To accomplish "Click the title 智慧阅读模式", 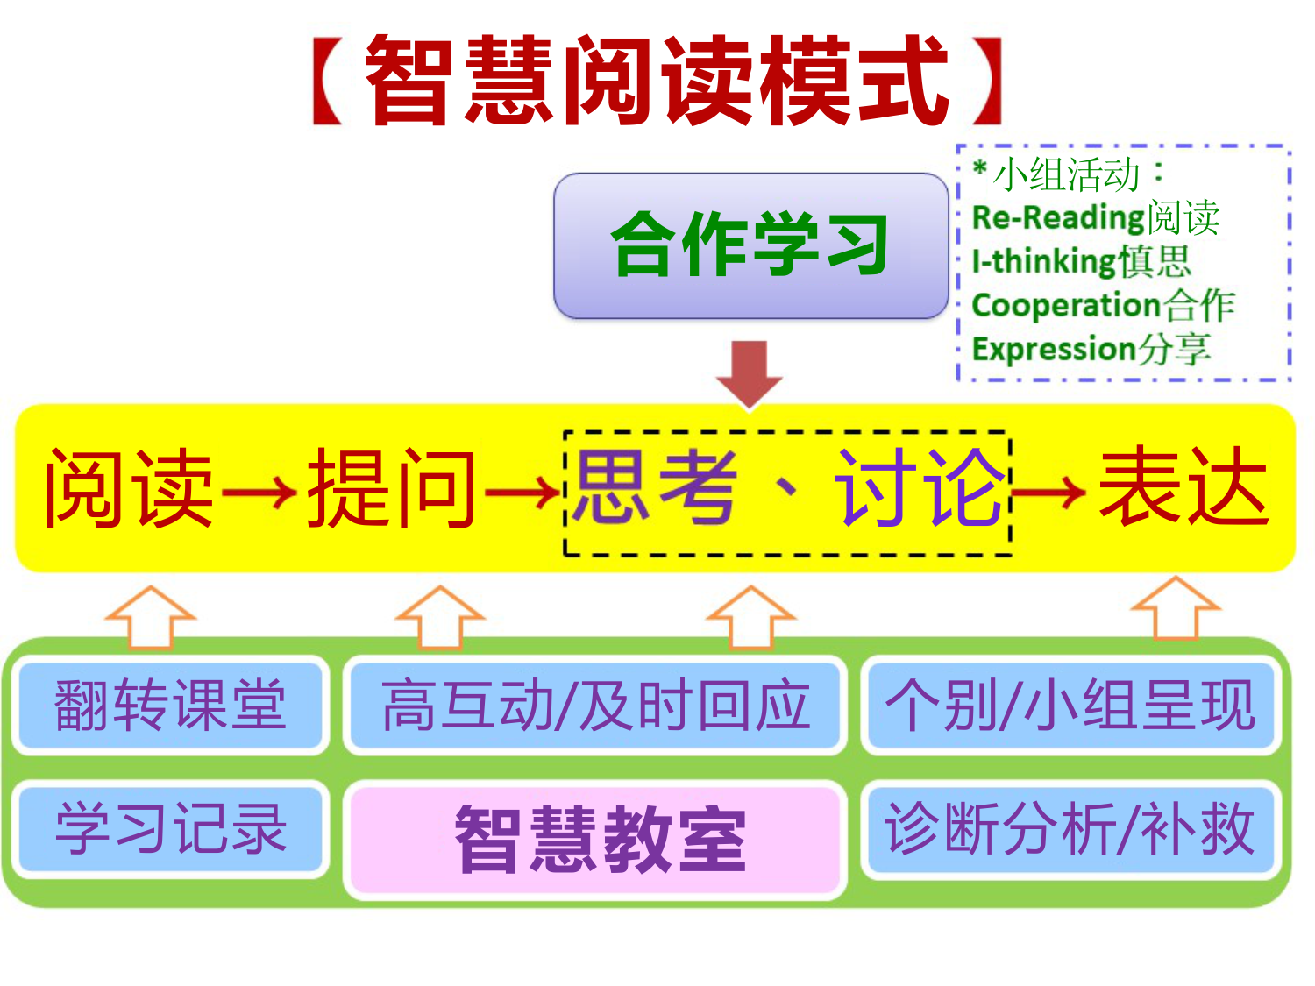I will coord(657,81).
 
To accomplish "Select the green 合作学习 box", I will coord(750,245).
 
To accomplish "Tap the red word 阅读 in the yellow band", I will coord(130,488).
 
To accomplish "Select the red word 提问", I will coord(391,488).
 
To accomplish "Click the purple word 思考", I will coord(656,488).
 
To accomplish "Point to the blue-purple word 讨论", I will coord(919,488).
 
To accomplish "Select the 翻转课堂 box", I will coord(171,705).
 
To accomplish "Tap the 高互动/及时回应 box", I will coord(595,705).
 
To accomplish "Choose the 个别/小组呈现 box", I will coord(1070,705).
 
